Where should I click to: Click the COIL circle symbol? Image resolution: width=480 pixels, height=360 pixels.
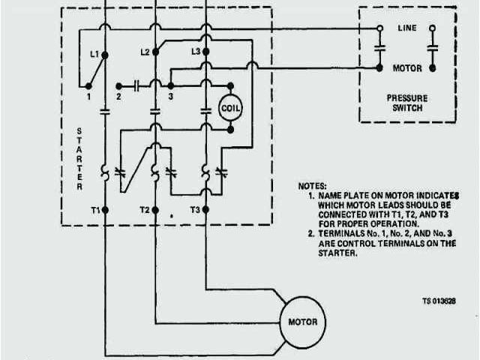click(230, 109)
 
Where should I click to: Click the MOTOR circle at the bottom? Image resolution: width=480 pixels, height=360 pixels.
click(302, 322)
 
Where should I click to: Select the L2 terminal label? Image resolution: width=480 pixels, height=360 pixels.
click(145, 52)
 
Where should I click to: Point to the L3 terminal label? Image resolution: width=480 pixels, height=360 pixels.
click(196, 52)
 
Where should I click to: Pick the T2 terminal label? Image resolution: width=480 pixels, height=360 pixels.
click(145, 210)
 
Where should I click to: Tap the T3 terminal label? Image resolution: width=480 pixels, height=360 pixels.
click(194, 210)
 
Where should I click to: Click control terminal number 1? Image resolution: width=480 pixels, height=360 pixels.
click(88, 97)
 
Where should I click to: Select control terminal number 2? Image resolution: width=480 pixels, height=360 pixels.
click(118, 97)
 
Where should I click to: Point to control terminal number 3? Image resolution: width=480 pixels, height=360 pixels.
click(171, 97)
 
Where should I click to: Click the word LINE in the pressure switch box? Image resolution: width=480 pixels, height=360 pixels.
click(406, 28)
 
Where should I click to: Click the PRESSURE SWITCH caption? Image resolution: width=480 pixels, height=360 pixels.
click(406, 102)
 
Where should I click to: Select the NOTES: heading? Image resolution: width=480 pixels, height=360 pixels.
click(312, 185)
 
